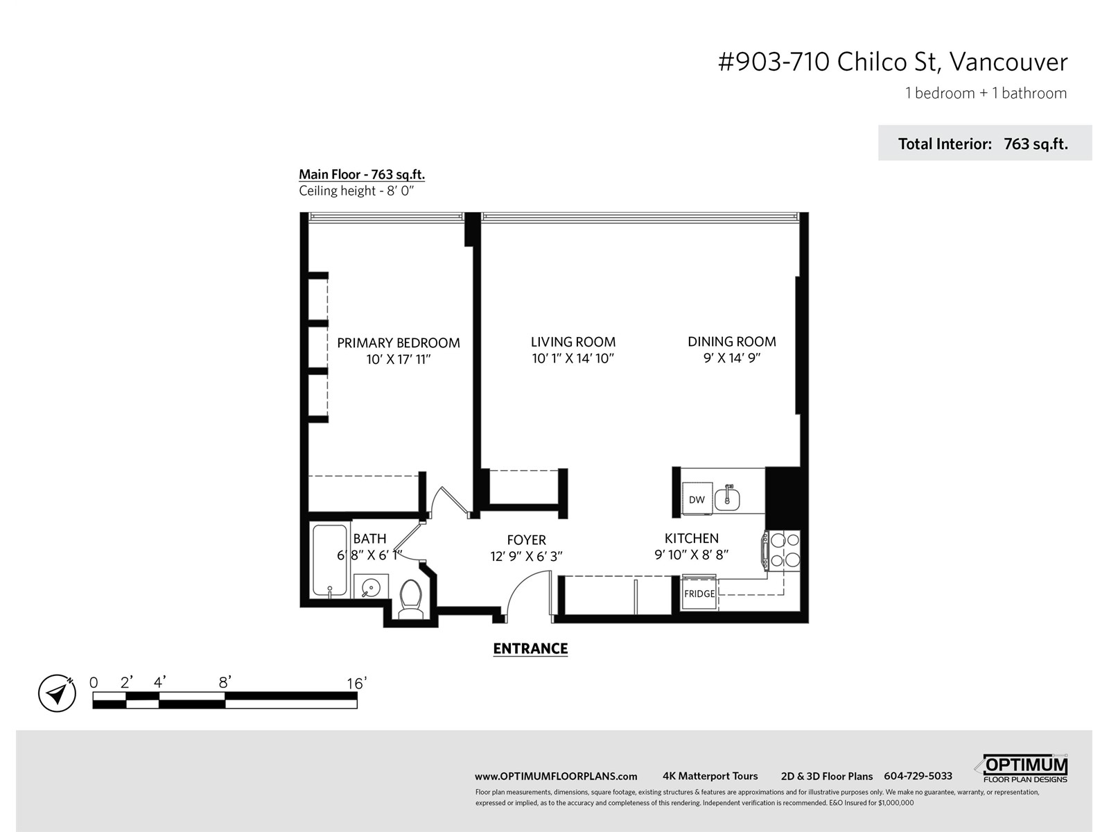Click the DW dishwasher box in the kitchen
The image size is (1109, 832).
coord(697,498)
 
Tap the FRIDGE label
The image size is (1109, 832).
coord(699,593)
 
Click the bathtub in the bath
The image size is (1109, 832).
coord(330,560)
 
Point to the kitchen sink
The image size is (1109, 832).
coord(727,498)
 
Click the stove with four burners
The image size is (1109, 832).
coord(781,551)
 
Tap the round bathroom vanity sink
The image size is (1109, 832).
coord(371,587)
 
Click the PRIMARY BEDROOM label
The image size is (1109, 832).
coord(398,343)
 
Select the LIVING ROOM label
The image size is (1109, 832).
coord(573,342)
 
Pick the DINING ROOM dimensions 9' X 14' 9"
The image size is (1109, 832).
coord(732,358)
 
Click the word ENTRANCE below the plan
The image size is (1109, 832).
coord(530,648)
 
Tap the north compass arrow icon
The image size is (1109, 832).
coord(57,693)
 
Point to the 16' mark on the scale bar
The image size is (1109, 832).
coord(356,684)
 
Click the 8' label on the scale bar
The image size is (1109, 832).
coord(225,682)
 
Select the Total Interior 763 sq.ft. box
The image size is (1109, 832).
coord(985,143)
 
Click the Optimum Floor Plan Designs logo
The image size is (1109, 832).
coord(1022,769)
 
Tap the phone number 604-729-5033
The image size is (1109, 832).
coord(918,776)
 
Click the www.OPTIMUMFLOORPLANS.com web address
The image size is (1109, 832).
coord(556,777)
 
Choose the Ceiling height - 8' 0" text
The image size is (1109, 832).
coord(356,191)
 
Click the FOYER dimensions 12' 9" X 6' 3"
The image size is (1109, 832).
coord(527,556)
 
